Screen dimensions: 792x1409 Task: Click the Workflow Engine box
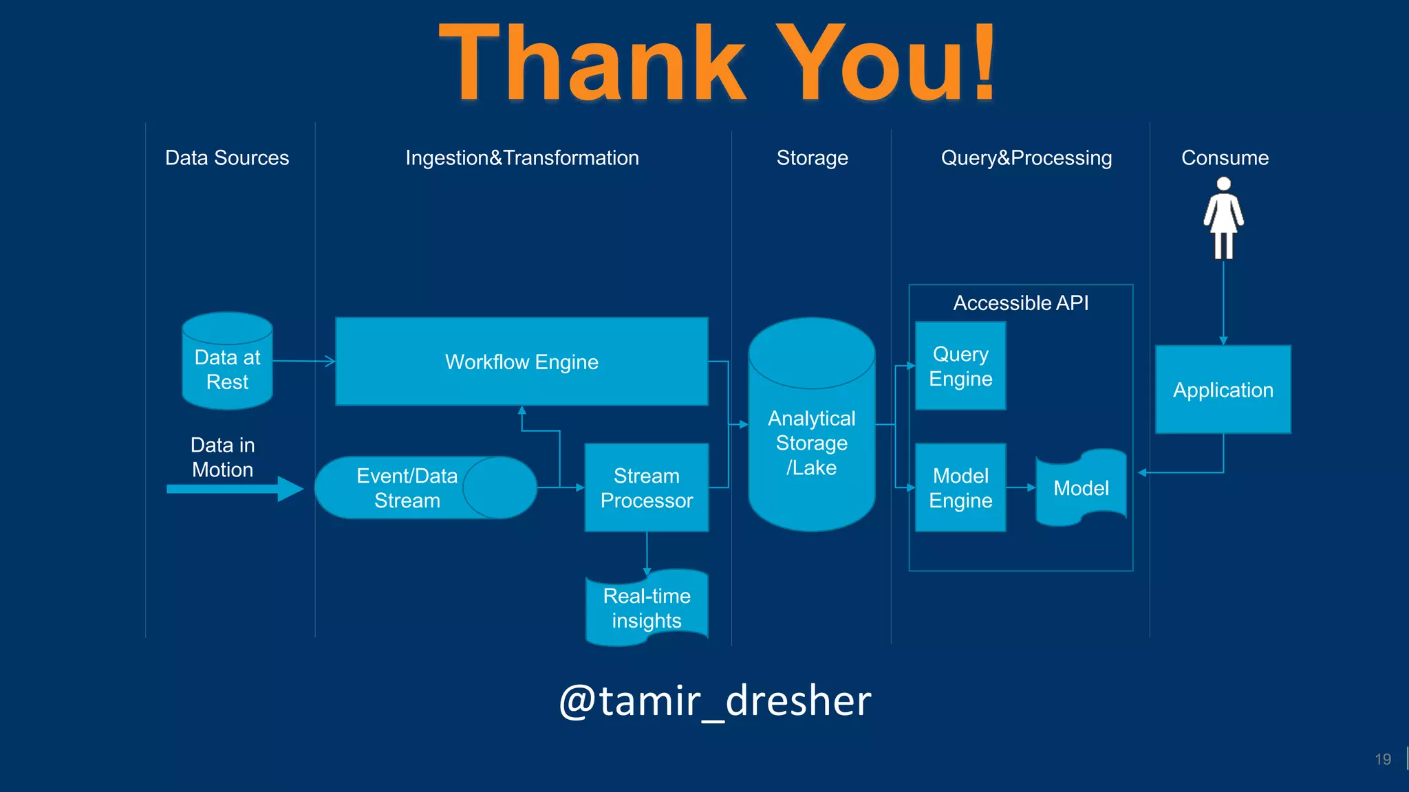click(x=521, y=362)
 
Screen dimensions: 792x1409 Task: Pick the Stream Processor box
click(x=646, y=487)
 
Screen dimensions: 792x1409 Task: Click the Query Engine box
click(x=960, y=366)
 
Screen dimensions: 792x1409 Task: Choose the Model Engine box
click(x=960, y=487)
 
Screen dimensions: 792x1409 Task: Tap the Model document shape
click(x=1081, y=487)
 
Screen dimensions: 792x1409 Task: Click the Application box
click(x=1223, y=389)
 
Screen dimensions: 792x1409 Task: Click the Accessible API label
click(x=1020, y=302)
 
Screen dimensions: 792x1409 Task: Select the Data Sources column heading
click(x=227, y=157)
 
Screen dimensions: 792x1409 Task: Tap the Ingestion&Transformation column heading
click(x=521, y=157)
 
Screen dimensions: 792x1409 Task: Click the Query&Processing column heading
click(x=1026, y=157)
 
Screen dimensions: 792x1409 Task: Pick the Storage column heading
click(x=812, y=157)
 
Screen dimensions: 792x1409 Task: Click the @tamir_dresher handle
click(x=715, y=701)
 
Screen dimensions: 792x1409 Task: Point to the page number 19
click(x=1382, y=759)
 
